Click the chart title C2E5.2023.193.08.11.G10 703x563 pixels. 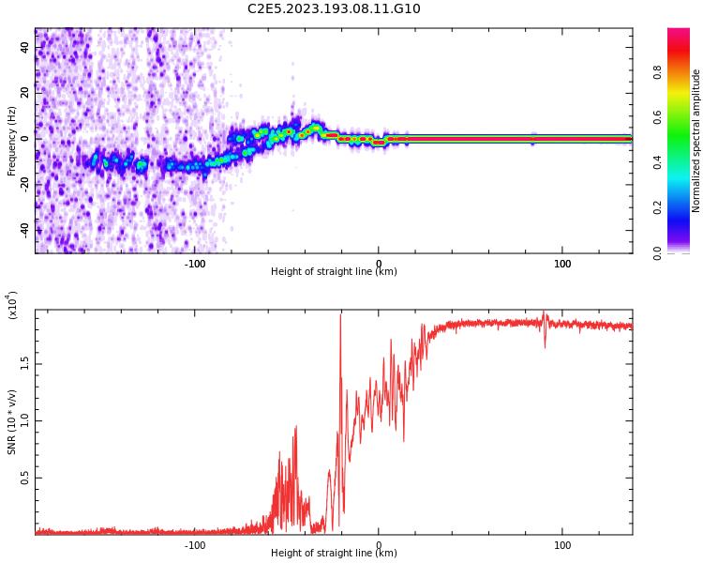334,8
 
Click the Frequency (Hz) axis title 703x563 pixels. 12,141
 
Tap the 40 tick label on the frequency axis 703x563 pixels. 24,48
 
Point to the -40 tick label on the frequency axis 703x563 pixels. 24,229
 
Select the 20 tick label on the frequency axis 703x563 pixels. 24,93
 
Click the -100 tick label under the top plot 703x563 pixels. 194,264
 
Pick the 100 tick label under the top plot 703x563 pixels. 562,264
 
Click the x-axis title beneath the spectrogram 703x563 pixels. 334,272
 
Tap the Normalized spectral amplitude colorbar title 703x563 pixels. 696,141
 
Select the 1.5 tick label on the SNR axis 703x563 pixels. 24,363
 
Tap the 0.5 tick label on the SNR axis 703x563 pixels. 24,478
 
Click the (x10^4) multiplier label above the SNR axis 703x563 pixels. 12,306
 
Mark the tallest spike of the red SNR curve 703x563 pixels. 340,315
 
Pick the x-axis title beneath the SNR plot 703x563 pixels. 334,554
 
